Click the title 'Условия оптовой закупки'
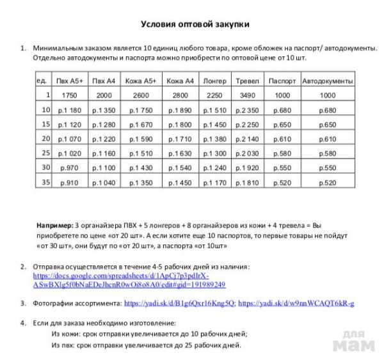coord(195,24)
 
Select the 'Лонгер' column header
coord(214,82)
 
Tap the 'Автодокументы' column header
coord(327,82)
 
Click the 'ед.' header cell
coord(42,81)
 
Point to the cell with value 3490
coord(247,96)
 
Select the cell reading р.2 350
coord(247,111)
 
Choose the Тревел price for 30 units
coord(247,168)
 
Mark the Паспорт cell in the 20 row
coord(282,139)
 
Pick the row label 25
coord(45,153)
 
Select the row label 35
coord(45,182)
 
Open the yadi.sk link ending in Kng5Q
coord(180,303)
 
